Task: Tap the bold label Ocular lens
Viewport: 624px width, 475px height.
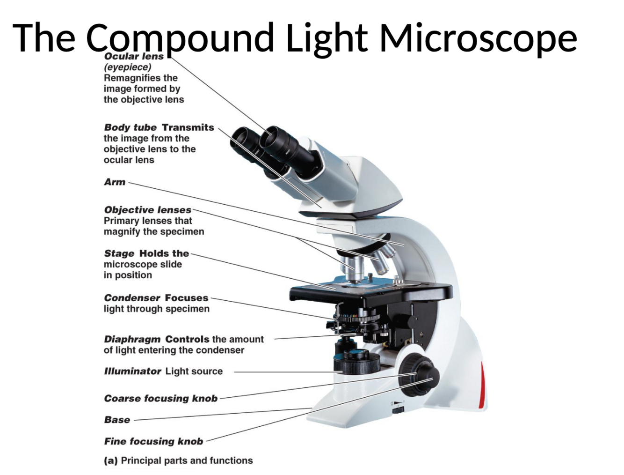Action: (x=134, y=56)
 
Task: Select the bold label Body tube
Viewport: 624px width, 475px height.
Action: (x=130, y=127)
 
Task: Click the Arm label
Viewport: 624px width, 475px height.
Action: (x=115, y=182)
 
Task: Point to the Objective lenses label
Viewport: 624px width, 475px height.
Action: (x=147, y=210)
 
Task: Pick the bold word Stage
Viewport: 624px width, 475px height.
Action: (x=119, y=253)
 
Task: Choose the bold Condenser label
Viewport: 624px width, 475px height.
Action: (x=132, y=298)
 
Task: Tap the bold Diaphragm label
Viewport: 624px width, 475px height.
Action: (x=132, y=339)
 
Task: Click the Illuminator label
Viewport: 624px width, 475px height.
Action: (x=132, y=371)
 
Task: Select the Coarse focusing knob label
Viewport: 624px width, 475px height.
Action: (x=160, y=399)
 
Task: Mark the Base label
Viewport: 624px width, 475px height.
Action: (x=117, y=420)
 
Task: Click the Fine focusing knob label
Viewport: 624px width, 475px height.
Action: (x=153, y=441)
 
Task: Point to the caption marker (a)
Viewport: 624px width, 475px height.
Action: (x=110, y=461)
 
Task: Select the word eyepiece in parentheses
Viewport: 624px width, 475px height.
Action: (x=127, y=67)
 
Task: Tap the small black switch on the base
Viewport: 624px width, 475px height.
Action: (x=398, y=410)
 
